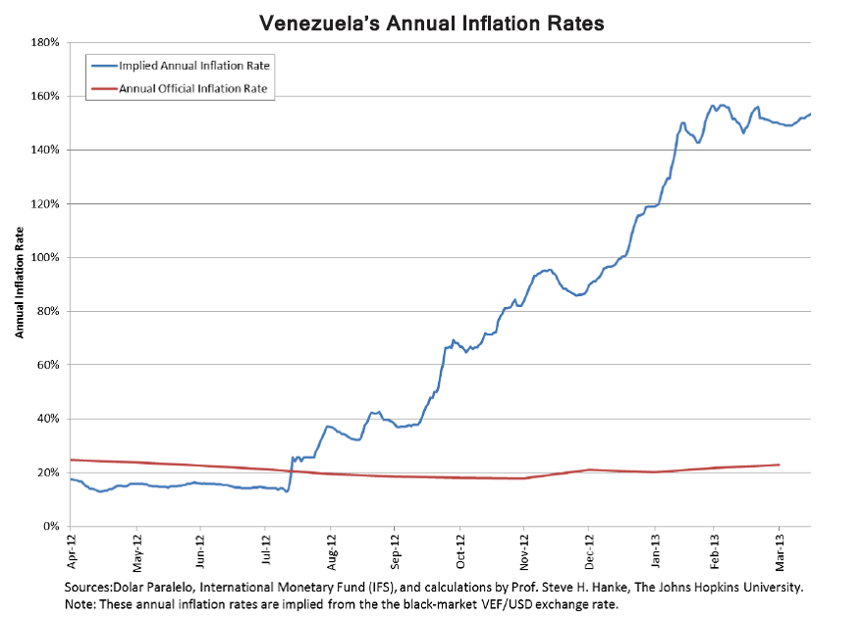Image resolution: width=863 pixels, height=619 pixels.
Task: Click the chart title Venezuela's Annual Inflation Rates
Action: coord(431,21)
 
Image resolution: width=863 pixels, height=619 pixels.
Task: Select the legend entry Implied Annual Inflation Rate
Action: coord(194,66)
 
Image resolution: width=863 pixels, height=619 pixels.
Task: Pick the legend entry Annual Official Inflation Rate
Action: coord(193,88)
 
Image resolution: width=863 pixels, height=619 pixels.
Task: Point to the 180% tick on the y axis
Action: coord(46,43)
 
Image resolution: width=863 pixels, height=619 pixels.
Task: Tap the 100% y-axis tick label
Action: coord(46,258)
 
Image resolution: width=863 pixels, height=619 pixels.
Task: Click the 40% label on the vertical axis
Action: coord(49,419)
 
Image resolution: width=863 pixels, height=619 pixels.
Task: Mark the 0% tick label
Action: coord(53,527)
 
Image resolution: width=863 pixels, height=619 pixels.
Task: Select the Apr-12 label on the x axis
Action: coord(72,551)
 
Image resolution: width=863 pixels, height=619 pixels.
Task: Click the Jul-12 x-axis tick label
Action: coord(265,551)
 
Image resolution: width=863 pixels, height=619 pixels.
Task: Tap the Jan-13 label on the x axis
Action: coord(654,551)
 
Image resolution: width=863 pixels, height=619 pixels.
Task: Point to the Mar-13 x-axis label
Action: coord(780,551)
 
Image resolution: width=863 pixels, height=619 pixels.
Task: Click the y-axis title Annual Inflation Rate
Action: coord(19,284)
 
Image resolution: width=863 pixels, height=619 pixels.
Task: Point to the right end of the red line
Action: coord(779,465)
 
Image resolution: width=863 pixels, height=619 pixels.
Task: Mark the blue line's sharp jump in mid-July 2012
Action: coord(291,471)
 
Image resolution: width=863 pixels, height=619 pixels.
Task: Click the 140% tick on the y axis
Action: coord(46,150)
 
